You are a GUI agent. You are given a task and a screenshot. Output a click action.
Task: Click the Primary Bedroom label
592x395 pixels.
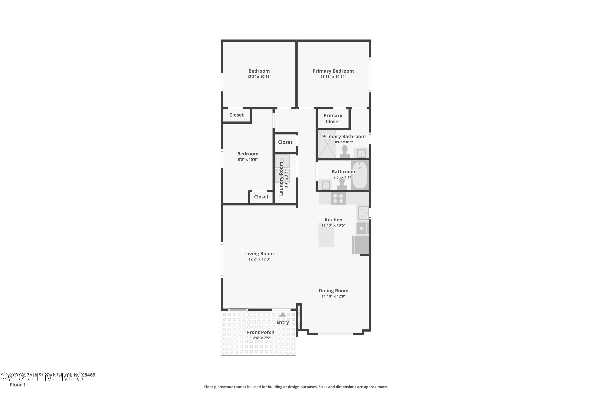click(x=333, y=71)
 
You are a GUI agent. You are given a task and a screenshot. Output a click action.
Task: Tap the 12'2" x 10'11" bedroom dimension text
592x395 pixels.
click(x=259, y=77)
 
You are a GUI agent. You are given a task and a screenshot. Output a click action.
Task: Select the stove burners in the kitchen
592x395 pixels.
click(x=338, y=198)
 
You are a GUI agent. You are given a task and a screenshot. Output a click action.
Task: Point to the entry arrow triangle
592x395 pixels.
click(x=283, y=315)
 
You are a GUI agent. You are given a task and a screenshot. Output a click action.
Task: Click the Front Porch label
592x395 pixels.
click(x=260, y=332)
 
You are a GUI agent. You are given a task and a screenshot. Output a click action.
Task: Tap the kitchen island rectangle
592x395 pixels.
click(x=326, y=235)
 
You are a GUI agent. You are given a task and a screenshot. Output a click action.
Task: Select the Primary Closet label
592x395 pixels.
click(x=333, y=118)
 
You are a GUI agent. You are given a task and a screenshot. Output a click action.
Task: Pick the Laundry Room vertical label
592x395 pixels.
click(x=281, y=179)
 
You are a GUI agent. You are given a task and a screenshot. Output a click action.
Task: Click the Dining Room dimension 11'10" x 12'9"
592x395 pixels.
click(x=333, y=296)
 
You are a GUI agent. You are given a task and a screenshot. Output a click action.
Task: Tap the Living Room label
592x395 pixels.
click(x=259, y=254)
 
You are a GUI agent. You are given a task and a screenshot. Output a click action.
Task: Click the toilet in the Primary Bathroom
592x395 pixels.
click(x=345, y=152)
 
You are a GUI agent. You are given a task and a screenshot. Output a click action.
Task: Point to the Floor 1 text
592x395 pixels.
click(x=18, y=385)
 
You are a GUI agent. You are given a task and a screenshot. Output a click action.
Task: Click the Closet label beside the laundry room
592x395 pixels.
click(x=285, y=142)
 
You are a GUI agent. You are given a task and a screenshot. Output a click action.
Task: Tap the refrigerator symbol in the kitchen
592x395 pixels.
click(x=361, y=245)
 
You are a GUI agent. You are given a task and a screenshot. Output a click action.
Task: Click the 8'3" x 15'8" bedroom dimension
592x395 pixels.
click(x=248, y=159)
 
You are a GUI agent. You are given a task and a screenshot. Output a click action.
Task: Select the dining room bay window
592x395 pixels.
click(x=335, y=334)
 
